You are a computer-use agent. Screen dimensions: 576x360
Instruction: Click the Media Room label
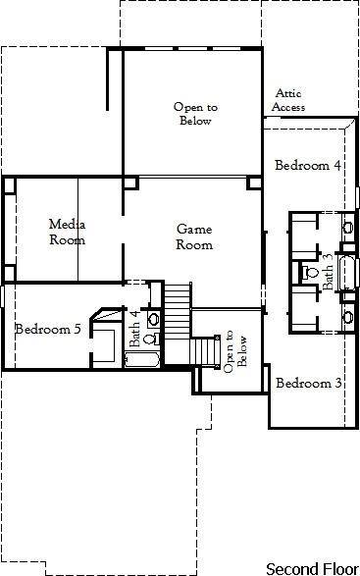[67, 232]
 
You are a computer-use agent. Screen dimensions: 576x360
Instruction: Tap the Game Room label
[194, 236]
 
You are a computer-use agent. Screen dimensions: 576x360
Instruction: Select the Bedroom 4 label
[307, 165]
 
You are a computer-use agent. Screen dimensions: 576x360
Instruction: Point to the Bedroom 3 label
[308, 383]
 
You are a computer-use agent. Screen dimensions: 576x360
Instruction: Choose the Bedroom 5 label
[48, 329]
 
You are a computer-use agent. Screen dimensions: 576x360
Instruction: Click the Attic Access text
[289, 100]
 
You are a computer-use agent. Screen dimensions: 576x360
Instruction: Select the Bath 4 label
[135, 328]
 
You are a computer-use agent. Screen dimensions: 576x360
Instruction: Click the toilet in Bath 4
[149, 339]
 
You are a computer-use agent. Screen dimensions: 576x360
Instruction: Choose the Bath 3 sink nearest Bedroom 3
[347, 315]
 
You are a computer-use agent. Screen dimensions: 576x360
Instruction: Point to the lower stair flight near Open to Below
[202, 349]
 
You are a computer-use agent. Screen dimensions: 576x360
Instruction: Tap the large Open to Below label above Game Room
[194, 114]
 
